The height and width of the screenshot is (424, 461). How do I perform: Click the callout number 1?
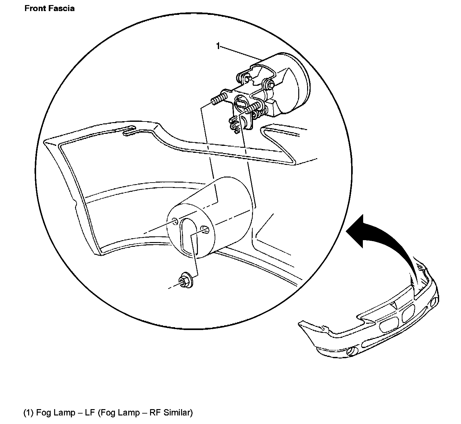click(x=218, y=46)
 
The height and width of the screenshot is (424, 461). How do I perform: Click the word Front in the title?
click(x=35, y=8)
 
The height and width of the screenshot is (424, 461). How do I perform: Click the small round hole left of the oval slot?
click(x=174, y=220)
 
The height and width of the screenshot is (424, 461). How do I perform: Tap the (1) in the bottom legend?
click(x=28, y=412)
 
